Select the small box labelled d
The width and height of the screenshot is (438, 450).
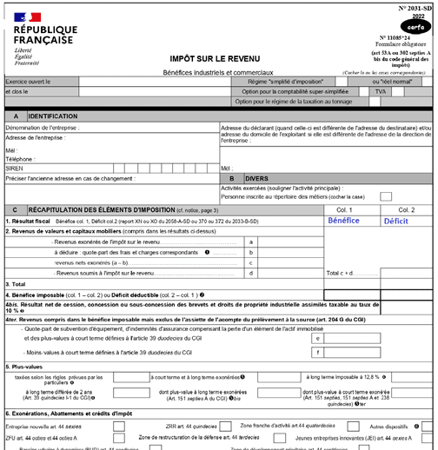250,273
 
